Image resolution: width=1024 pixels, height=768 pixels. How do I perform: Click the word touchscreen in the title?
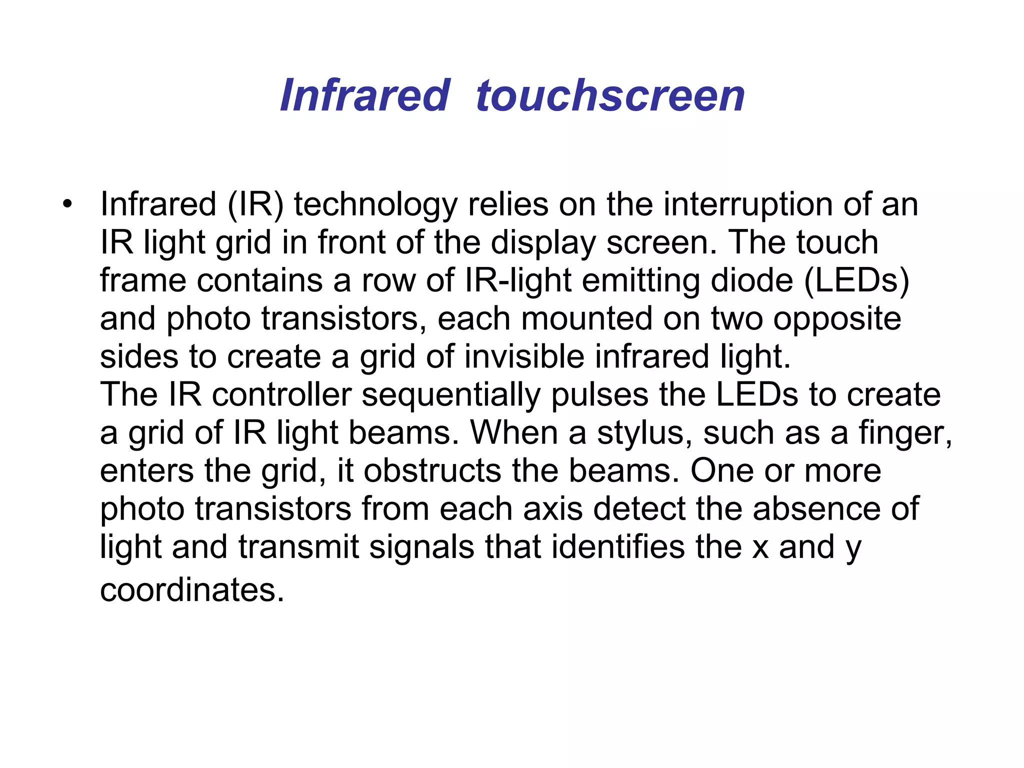(610, 95)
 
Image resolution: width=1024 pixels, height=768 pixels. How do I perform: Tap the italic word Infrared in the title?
(365, 95)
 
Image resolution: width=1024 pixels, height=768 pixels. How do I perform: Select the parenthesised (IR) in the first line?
(255, 204)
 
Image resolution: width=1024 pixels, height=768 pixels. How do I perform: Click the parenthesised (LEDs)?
(856, 281)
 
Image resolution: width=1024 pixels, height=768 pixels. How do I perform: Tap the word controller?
(282, 394)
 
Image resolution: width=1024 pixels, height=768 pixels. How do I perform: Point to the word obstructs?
(432, 471)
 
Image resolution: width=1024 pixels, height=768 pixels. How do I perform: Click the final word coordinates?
(192, 590)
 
